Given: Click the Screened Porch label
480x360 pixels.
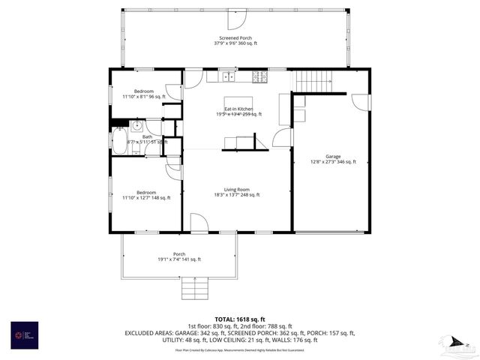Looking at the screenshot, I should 235,37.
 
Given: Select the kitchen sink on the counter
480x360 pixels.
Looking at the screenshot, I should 226,76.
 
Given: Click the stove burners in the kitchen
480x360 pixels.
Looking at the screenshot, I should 259,76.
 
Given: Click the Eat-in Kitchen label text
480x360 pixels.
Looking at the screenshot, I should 238,109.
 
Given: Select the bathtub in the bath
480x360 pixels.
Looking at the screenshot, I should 121,141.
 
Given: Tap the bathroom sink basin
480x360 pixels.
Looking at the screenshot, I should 138,126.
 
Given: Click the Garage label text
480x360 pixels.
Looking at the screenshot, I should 333,156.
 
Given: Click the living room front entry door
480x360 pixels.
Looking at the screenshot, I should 199,223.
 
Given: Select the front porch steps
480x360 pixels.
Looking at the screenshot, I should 194,288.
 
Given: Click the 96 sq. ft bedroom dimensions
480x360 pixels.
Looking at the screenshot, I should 142,97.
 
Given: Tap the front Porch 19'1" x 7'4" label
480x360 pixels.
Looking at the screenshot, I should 179,256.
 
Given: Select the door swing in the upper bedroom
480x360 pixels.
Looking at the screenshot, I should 173,92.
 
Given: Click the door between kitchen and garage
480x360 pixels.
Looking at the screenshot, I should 282,138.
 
